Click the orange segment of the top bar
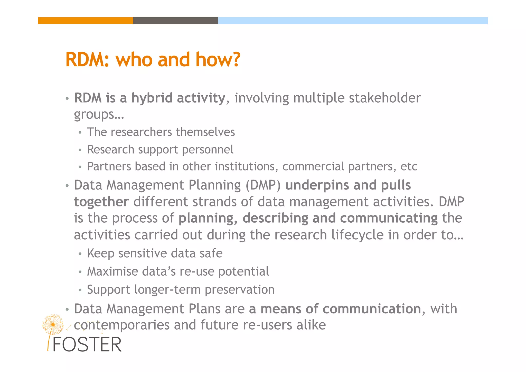click(86, 21)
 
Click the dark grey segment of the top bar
click(175, 21)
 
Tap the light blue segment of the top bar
click(353, 21)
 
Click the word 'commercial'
click(313, 167)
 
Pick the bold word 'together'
click(101, 202)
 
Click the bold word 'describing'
click(275, 218)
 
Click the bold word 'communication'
click(372, 309)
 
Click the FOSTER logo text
click(87, 345)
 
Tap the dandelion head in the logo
click(53, 324)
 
